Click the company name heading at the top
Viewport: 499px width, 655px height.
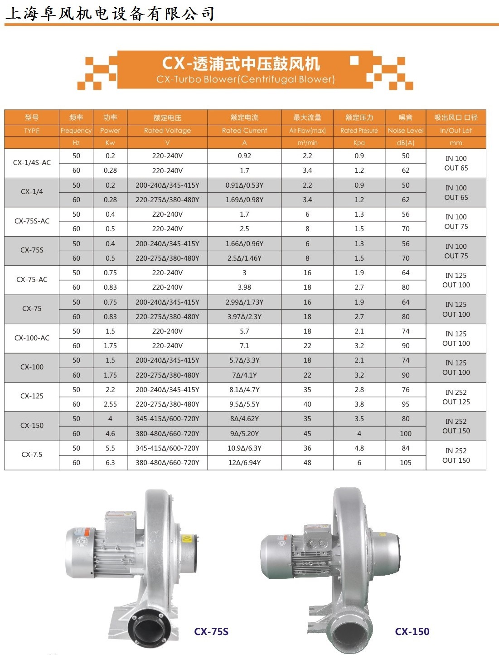pos(110,14)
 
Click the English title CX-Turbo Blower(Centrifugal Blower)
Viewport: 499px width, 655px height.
pos(245,79)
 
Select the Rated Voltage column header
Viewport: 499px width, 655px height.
pos(167,131)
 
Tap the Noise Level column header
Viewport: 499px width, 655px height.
pos(405,131)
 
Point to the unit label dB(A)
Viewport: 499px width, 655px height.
pos(405,143)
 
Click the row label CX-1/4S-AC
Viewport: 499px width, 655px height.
pos(32,163)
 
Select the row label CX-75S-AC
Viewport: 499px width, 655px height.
pos(32,221)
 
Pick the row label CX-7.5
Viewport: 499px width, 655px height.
pos(32,455)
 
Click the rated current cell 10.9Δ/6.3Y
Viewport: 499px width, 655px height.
pos(244,448)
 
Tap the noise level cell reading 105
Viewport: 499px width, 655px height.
pos(405,463)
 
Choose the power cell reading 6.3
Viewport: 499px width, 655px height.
pos(110,463)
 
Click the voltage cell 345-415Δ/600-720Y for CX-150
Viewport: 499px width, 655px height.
pos(167,419)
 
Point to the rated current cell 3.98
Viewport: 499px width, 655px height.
pos(244,287)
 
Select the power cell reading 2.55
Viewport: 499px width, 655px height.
pos(110,404)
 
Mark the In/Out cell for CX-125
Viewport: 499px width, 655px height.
pos(456,397)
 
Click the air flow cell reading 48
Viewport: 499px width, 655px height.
pos(307,463)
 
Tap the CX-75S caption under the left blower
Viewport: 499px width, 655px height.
pos(211,631)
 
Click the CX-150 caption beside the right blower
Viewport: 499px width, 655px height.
pos(412,631)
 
